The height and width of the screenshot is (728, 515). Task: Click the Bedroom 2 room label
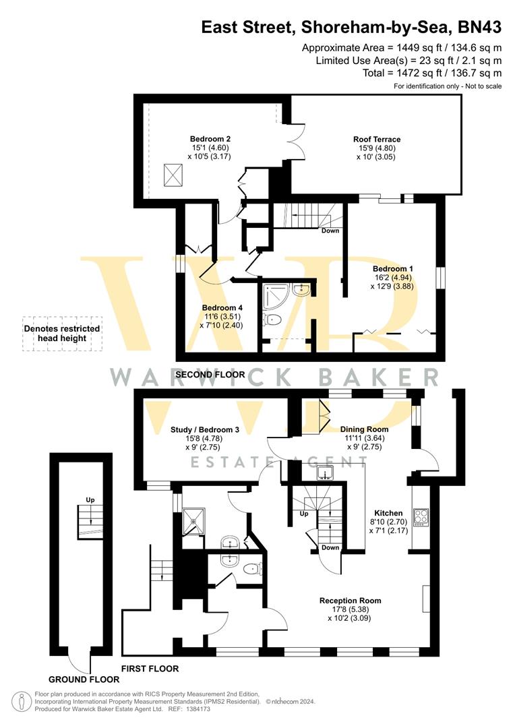tap(206, 139)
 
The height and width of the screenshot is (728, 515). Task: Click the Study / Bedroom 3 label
tap(205, 429)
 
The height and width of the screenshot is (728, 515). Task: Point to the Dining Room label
tap(364, 429)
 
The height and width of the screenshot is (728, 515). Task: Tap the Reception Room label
tap(350, 600)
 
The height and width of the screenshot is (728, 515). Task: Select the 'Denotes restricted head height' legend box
tap(62, 333)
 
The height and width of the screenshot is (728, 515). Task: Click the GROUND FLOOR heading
tap(78, 679)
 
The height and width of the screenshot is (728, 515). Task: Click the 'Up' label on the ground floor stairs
tap(90, 499)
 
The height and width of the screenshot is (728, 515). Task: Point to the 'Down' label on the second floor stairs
tap(330, 231)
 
